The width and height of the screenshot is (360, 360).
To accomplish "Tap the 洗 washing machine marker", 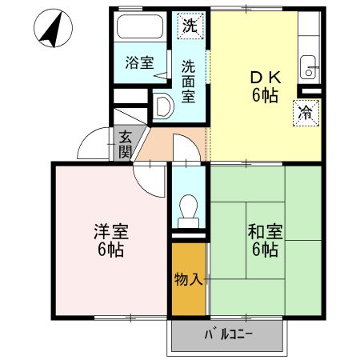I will click(189, 26).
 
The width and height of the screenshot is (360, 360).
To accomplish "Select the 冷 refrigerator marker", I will click(306, 113).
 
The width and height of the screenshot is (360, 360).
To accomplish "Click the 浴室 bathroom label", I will click(139, 62).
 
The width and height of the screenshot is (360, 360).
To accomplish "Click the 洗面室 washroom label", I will click(188, 80).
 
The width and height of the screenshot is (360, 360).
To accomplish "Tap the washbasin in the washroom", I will click(163, 105).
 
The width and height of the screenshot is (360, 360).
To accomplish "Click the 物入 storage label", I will click(189, 279).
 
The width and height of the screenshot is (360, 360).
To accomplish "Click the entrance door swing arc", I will click(92, 144).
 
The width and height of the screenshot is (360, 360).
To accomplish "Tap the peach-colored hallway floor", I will click(164, 143).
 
